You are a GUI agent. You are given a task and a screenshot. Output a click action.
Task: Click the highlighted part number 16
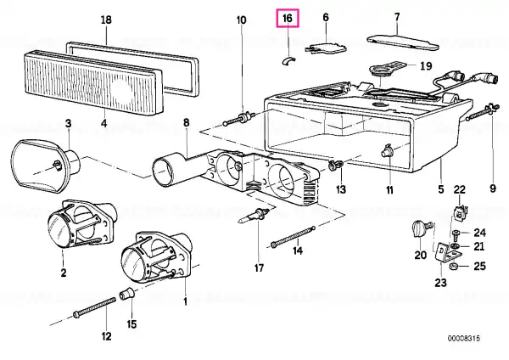click(288, 18)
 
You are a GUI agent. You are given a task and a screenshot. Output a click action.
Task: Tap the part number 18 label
click(106, 20)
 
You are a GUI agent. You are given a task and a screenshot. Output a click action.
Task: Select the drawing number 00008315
click(463, 338)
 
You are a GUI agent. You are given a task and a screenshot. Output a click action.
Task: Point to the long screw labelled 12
click(94, 307)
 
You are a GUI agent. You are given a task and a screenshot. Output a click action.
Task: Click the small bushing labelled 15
click(127, 294)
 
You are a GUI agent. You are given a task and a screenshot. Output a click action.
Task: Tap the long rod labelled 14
click(293, 236)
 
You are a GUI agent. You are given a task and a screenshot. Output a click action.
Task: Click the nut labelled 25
click(454, 267)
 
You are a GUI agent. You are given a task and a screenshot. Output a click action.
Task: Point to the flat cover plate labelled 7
click(402, 42)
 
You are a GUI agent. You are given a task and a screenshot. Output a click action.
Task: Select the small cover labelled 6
click(326, 48)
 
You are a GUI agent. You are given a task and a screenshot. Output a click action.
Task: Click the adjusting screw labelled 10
click(239, 118)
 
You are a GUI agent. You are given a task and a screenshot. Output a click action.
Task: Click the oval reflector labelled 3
click(46, 166)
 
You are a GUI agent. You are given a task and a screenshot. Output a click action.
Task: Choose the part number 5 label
click(440, 188)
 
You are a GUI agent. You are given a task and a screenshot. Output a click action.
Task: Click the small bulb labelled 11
click(387, 149)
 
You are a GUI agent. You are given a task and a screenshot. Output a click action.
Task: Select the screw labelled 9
click(483, 112)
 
